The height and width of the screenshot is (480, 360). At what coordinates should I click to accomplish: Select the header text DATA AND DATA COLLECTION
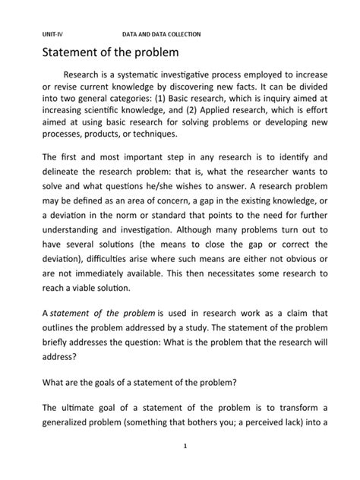161,35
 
